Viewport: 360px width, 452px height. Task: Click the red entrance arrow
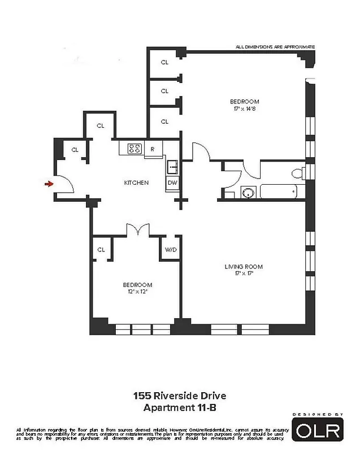tap(49, 183)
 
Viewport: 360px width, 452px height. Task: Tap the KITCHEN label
tap(136, 182)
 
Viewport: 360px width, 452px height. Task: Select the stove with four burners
tap(135, 149)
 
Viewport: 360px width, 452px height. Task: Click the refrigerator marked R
tap(153, 149)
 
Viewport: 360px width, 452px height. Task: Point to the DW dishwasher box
tap(172, 183)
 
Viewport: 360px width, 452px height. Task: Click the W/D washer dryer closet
tap(170, 249)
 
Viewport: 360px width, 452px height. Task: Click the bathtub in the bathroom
tap(278, 192)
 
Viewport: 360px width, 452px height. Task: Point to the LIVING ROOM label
tap(244, 267)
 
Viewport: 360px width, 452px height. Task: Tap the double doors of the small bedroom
tap(137, 229)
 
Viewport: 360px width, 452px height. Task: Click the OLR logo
tap(317, 431)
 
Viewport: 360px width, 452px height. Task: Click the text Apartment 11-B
tap(180, 407)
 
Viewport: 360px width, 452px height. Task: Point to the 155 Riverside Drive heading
tap(180, 396)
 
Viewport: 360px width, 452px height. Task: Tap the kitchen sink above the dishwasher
tap(172, 167)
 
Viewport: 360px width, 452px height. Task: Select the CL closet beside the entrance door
tap(75, 150)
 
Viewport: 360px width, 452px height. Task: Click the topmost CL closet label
tap(164, 62)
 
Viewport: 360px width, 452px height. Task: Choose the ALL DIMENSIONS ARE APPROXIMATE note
tap(275, 47)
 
